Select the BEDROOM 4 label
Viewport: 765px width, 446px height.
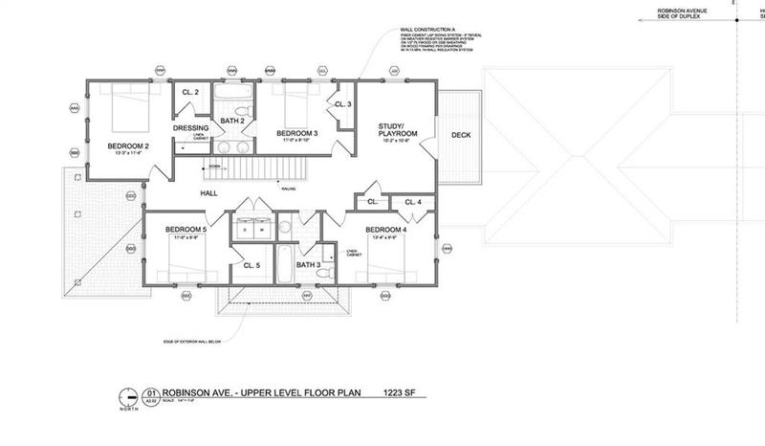pyautogui.click(x=384, y=230)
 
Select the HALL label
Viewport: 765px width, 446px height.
pyautogui.click(x=209, y=193)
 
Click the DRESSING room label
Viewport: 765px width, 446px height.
pyautogui.click(x=190, y=127)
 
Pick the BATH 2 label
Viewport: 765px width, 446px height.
pyautogui.click(x=233, y=121)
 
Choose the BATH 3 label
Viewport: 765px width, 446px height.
pyautogui.click(x=307, y=265)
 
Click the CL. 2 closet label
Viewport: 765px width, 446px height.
pyautogui.click(x=189, y=92)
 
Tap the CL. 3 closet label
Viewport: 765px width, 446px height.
pyautogui.click(x=342, y=104)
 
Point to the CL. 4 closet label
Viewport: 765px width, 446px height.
pyautogui.click(x=412, y=202)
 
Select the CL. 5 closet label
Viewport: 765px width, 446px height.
pyautogui.click(x=252, y=265)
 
